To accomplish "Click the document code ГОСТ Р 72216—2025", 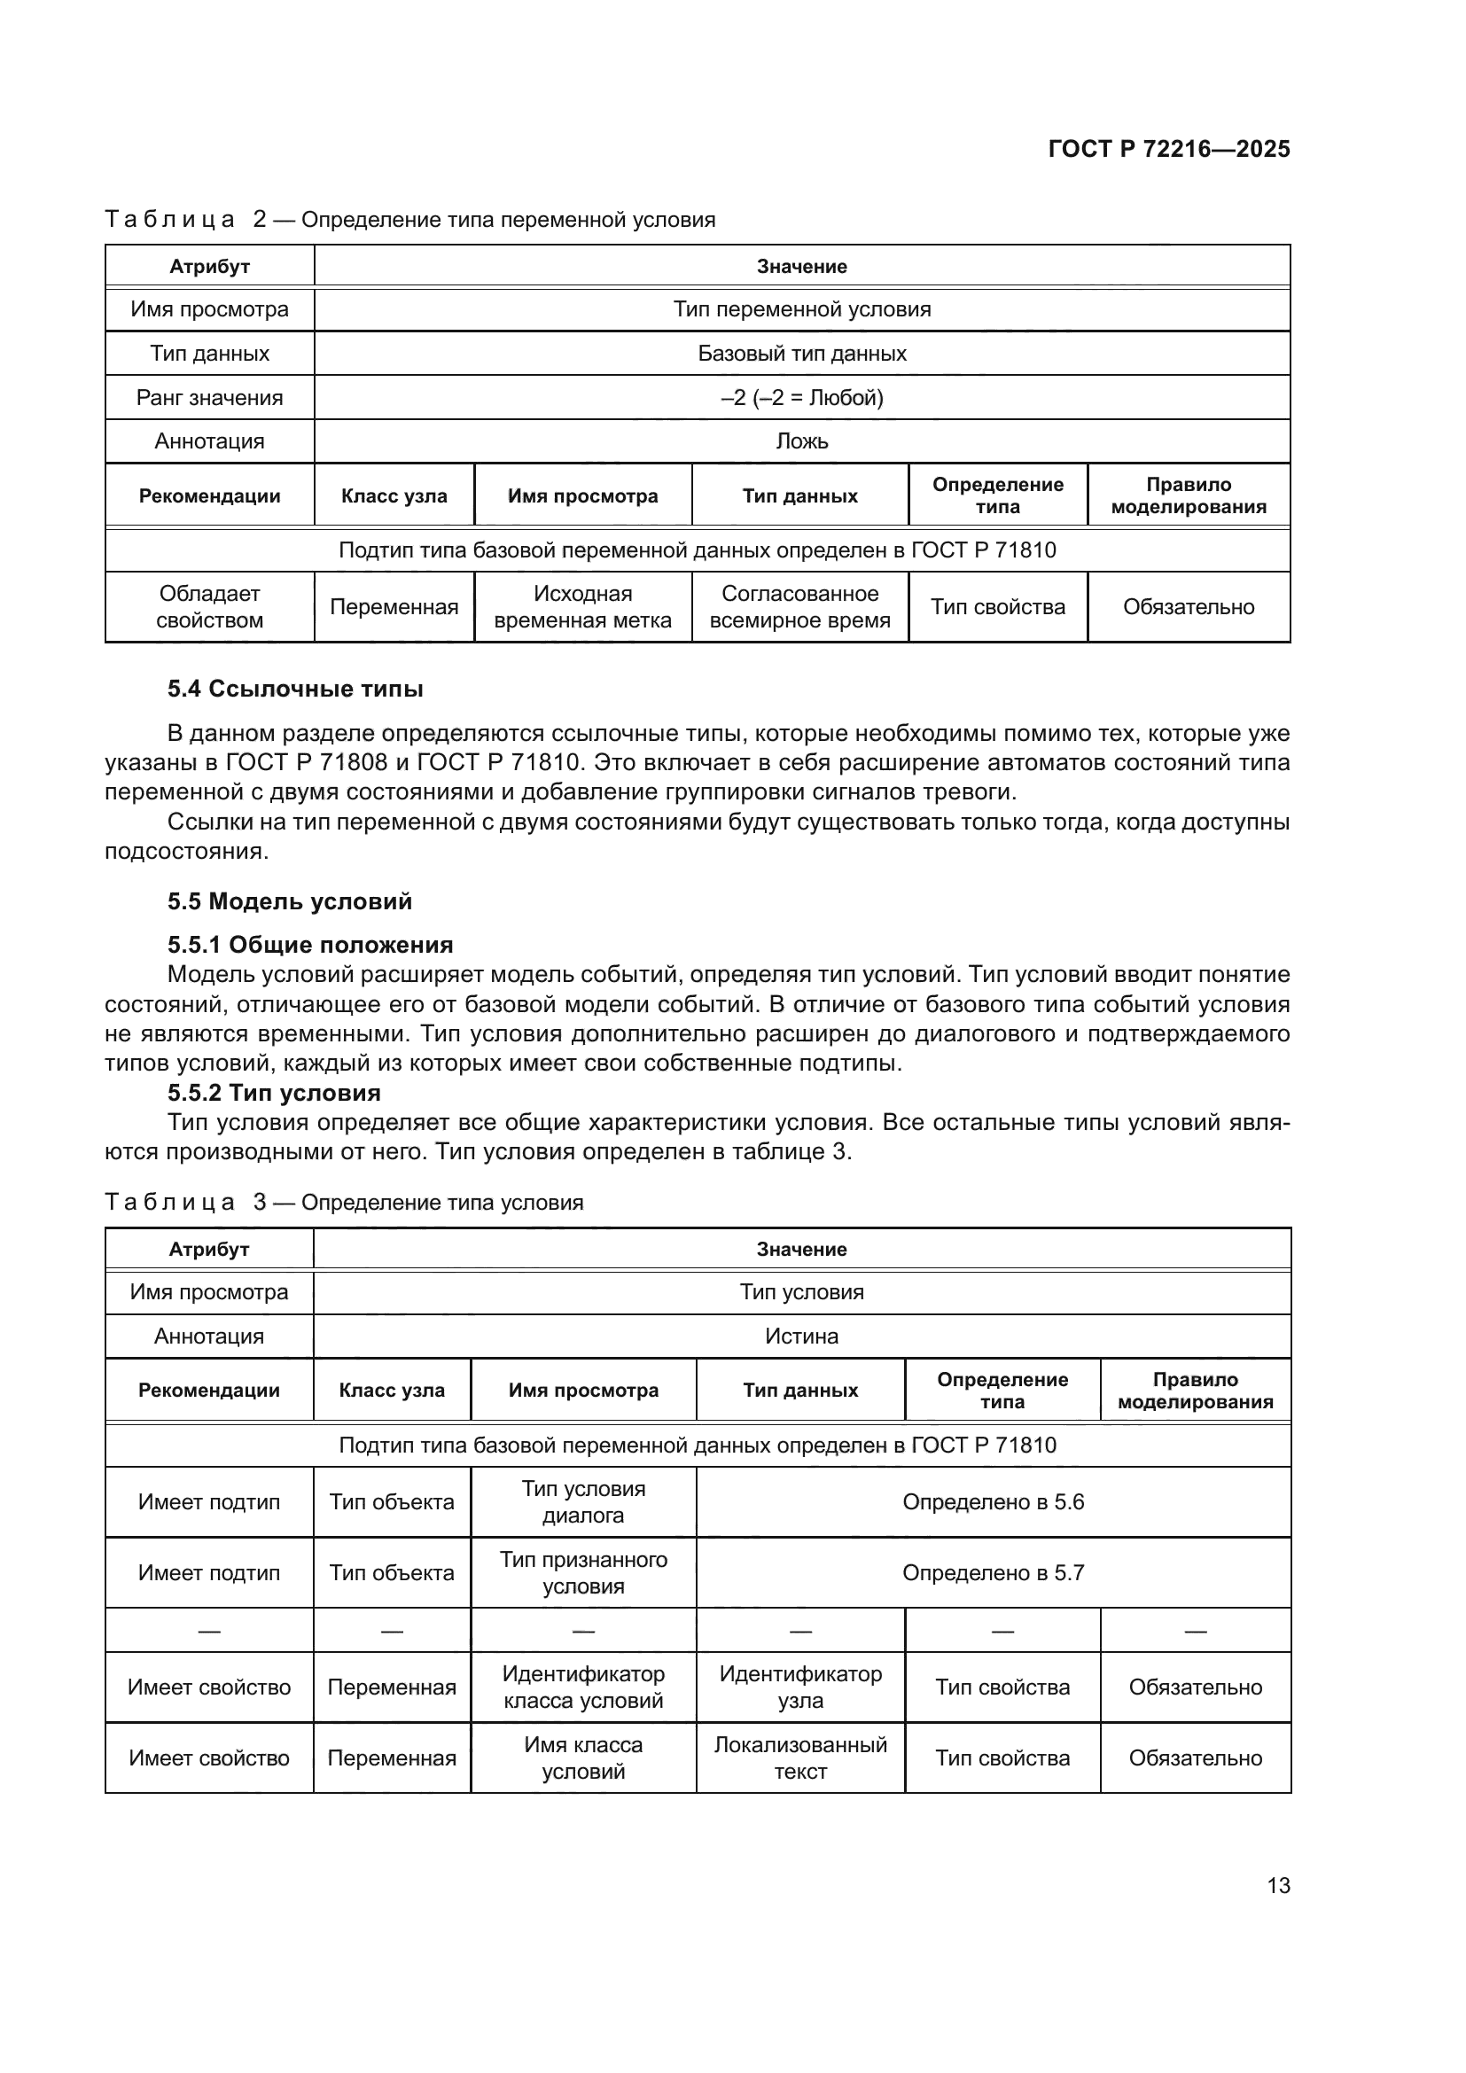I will pyautogui.click(x=1168, y=149).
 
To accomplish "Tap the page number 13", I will pyautogui.click(x=1278, y=1885).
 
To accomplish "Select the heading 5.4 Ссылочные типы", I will pyautogui.click(x=295, y=689).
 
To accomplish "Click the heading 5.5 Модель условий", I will pyautogui.click(x=289, y=901).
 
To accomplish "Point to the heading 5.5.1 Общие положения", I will pyautogui.click(x=309, y=945).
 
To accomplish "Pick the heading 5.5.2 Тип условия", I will pyautogui.click(x=274, y=1093).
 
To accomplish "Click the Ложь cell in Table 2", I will pyautogui.click(x=801, y=441).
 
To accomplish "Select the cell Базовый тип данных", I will pyautogui.click(x=801, y=353).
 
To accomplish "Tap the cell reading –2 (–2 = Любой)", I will pyautogui.click(x=801, y=397).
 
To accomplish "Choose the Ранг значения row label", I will pyautogui.click(x=209, y=397).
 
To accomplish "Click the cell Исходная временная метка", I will pyautogui.click(x=582, y=607).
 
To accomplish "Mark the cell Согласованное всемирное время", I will pyautogui.click(x=799, y=607).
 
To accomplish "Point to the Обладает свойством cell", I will pyautogui.click(x=209, y=607).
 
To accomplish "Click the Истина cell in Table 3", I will pyautogui.click(x=801, y=1337).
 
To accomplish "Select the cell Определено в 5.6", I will pyautogui.click(x=993, y=1501).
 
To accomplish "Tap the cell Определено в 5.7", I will pyautogui.click(x=993, y=1573).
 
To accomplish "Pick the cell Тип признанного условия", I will pyautogui.click(x=583, y=1573).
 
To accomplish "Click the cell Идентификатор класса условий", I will pyautogui.click(x=583, y=1687).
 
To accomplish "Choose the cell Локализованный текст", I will pyautogui.click(x=799, y=1757).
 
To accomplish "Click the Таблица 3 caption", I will pyautogui.click(x=344, y=1203).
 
